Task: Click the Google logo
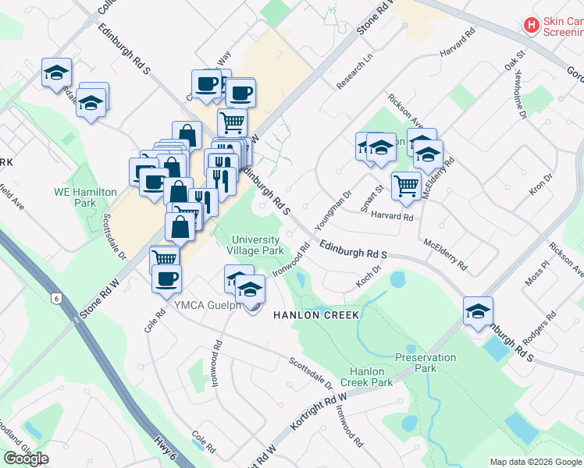pos(26,459)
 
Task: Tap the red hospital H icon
pos(532,26)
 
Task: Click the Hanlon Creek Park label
pos(371,377)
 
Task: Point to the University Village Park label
pos(255,246)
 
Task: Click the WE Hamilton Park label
pos(85,197)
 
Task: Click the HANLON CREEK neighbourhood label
pos(315,315)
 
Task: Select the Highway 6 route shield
pos(56,297)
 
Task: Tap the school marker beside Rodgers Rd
pos(478,311)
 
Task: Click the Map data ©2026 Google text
pos(535,462)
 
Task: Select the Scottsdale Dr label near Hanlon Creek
pos(312,373)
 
